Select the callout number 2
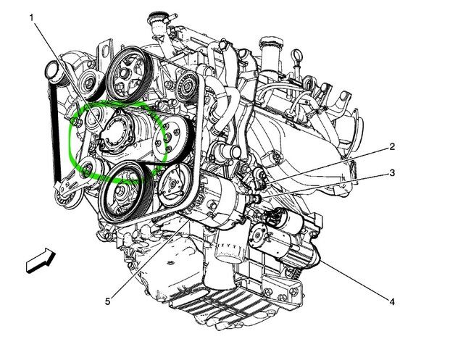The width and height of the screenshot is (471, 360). click(392, 147)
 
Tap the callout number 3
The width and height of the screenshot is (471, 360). click(392, 173)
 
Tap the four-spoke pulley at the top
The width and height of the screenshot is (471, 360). click(127, 73)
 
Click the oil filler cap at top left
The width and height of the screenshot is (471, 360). click(52, 72)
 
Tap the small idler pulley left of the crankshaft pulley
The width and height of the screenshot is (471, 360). click(87, 169)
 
